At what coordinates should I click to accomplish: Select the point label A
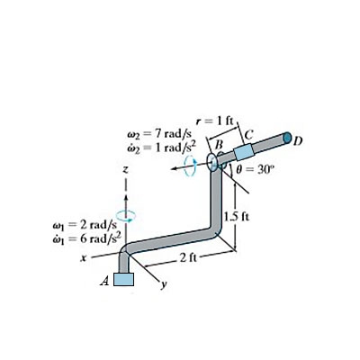pyautogui.click(x=104, y=281)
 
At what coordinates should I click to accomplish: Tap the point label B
pyautogui.click(x=216, y=142)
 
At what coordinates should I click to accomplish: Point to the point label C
pyautogui.click(x=248, y=135)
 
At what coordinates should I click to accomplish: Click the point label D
pyautogui.click(x=299, y=140)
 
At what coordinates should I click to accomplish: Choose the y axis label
pyautogui.click(x=165, y=288)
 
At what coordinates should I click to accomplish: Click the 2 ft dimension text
pyautogui.click(x=187, y=259)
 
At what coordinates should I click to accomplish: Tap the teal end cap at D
pyautogui.click(x=286, y=139)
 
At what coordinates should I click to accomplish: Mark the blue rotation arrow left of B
pyautogui.click(x=190, y=167)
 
